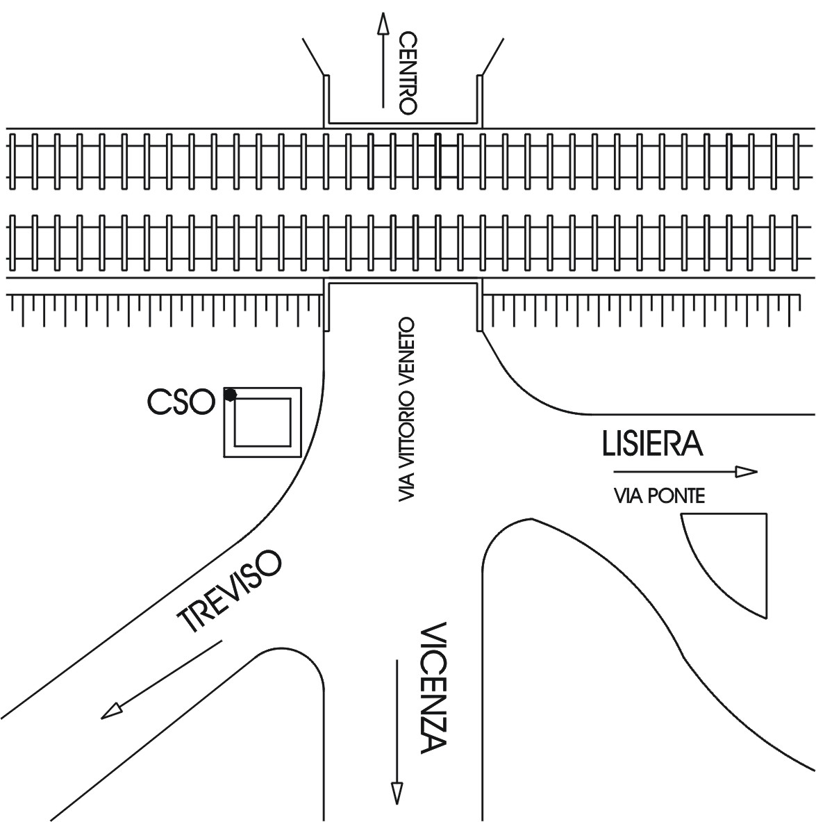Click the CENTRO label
click(x=407, y=74)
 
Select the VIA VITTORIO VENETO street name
click(x=406, y=409)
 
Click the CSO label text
click(x=181, y=402)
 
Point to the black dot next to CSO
click(x=230, y=394)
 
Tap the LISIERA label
click(x=653, y=443)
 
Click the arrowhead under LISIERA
click(x=747, y=472)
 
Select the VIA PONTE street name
click(x=659, y=495)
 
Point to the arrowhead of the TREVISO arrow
click(x=110, y=711)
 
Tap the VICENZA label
click(x=433, y=688)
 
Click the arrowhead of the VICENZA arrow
click(x=397, y=793)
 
